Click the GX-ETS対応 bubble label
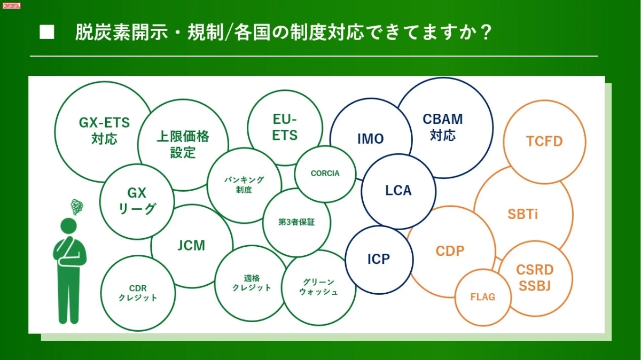[104, 131]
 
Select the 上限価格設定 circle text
[183, 144]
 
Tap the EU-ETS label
[285, 127]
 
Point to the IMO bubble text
[370, 139]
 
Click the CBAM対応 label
[443, 127]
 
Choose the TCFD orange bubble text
[544, 141]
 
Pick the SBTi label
[523, 215]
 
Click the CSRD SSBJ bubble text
[535, 278]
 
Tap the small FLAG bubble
[482, 297]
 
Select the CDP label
[450, 251]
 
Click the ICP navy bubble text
[379, 259]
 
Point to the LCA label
[398, 190]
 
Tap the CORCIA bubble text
[325, 174]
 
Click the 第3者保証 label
[296, 222]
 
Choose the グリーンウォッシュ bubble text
[318, 287]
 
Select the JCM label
[191, 246]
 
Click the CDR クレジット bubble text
[138, 293]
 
